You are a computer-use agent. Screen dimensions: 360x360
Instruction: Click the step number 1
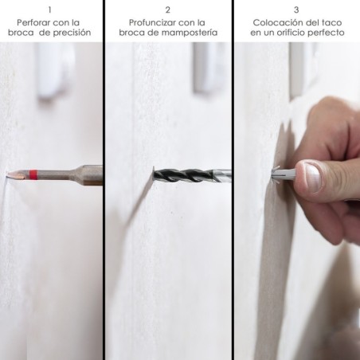click(x=49, y=10)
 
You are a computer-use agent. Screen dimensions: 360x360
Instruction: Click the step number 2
click(x=167, y=10)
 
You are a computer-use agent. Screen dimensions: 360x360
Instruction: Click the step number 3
click(x=296, y=10)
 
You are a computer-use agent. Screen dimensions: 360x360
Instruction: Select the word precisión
click(x=72, y=33)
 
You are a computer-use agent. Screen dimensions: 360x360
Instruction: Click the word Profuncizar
click(x=152, y=22)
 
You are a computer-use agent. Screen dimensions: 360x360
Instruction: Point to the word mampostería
click(x=190, y=33)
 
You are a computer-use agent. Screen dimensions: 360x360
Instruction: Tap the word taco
click(x=331, y=22)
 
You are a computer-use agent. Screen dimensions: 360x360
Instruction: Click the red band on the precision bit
click(x=33, y=174)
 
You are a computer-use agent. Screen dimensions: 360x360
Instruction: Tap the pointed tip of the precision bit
click(x=7, y=174)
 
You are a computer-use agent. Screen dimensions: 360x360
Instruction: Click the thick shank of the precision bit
click(x=90, y=174)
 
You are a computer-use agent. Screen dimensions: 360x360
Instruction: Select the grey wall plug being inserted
click(x=284, y=173)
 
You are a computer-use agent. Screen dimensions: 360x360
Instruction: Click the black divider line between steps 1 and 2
click(x=104, y=180)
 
